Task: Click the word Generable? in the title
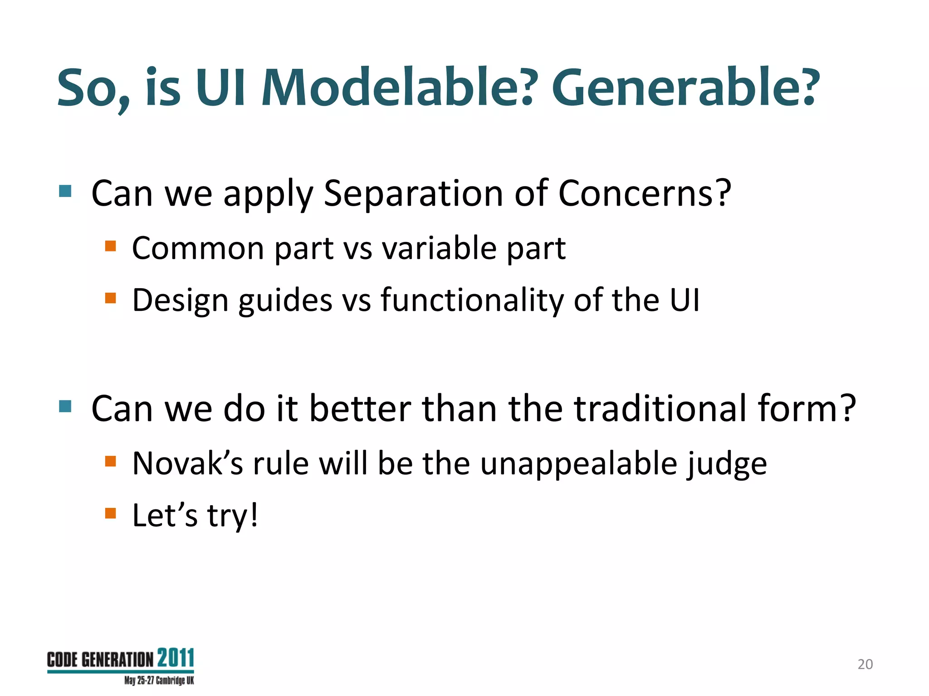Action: click(x=685, y=87)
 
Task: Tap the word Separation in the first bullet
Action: click(x=413, y=193)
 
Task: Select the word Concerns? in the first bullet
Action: click(x=644, y=193)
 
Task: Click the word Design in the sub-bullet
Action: click(x=180, y=301)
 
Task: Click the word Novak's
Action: click(x=187, y=464)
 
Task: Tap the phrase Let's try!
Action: click(x=195, y=516)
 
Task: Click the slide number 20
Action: click(x=865, y=664)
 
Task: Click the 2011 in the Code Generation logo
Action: click(x=176, y=658)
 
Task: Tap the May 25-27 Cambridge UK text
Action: click(x=159, y=681)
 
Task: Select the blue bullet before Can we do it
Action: click(x=65, y=406)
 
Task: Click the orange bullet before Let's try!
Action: click(x=111, y=513)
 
